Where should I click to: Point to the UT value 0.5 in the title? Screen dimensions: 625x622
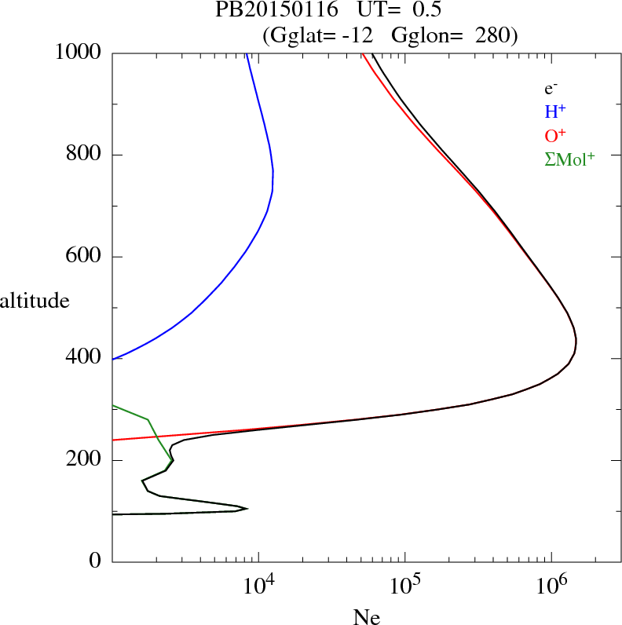coord(427,11)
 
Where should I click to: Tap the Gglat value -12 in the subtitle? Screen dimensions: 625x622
coord(357,35)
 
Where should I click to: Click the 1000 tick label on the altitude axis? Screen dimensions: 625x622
coord(79,53)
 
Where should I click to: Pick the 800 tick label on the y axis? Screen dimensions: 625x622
coord(85,155)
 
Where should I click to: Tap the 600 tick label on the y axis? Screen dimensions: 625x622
coord(85,257)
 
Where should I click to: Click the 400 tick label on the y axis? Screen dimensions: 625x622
coord(85,358)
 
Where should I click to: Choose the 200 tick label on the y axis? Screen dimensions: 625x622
coord(85,460)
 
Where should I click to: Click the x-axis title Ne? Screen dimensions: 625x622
coord(366,617)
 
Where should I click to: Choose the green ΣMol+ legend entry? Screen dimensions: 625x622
coord(569,159)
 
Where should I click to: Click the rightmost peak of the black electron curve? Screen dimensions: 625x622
coord(576,342)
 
